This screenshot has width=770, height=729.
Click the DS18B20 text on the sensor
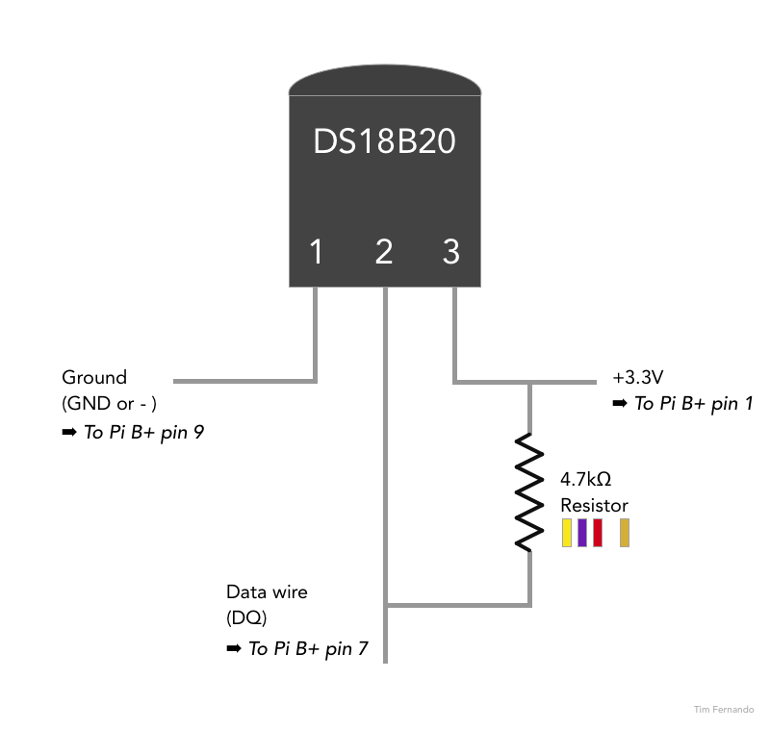pyautogui.click(x=384, y=142)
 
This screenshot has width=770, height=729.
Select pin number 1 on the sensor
pyautogui.click(x=316, y=252)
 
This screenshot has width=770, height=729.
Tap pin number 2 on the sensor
pyautogui.click(x=384, y=252)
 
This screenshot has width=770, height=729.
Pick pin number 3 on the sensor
pyautogui.click(x=451, y=252)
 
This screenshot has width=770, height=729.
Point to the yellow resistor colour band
pyautogui.click(x=567, y=533)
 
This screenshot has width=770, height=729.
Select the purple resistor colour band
pyautogui.click(x=582, y=533)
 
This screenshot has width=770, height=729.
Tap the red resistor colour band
pyautogui.click(x=598, y=533)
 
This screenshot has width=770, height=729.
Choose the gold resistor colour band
pyautogui.click(x=625, y=533)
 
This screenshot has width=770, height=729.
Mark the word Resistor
pyautogui.click(x=594, y=505)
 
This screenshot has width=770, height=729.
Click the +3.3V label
pyautogui.click(x=638, y=377)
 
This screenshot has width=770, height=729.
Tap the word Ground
pyautogui.click(x=94, y=377)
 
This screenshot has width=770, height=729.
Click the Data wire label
pyautogui.click(x=267, y=592)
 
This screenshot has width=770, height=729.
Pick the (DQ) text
pyautogui.click(x=246, y=617)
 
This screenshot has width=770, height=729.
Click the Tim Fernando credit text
pyautogui.click(x=724, y=710)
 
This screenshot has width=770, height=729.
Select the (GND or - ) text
pyautogui.click(x=109, y=404)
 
